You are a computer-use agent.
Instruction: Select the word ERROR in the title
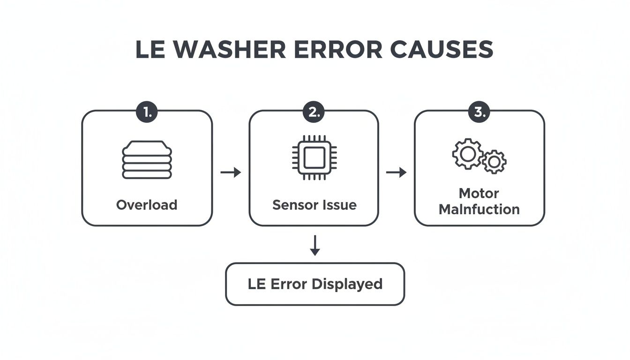[334, 50]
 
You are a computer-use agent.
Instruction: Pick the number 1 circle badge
[147, 112]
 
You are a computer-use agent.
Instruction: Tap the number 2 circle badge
[314, 112]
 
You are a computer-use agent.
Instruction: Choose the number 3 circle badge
[480, 112]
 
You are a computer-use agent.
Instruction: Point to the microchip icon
[314, 157]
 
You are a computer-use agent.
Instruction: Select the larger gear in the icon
[467, 154]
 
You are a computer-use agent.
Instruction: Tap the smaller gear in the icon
[494, 162]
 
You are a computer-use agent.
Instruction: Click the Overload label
[147, 205]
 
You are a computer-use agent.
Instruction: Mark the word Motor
[479, 193]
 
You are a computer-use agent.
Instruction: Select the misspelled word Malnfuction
[479, 209]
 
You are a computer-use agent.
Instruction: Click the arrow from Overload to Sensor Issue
[231, 172]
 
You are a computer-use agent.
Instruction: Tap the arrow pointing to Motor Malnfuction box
[396, 172]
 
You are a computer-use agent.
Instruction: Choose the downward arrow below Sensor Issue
[315, 245]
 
